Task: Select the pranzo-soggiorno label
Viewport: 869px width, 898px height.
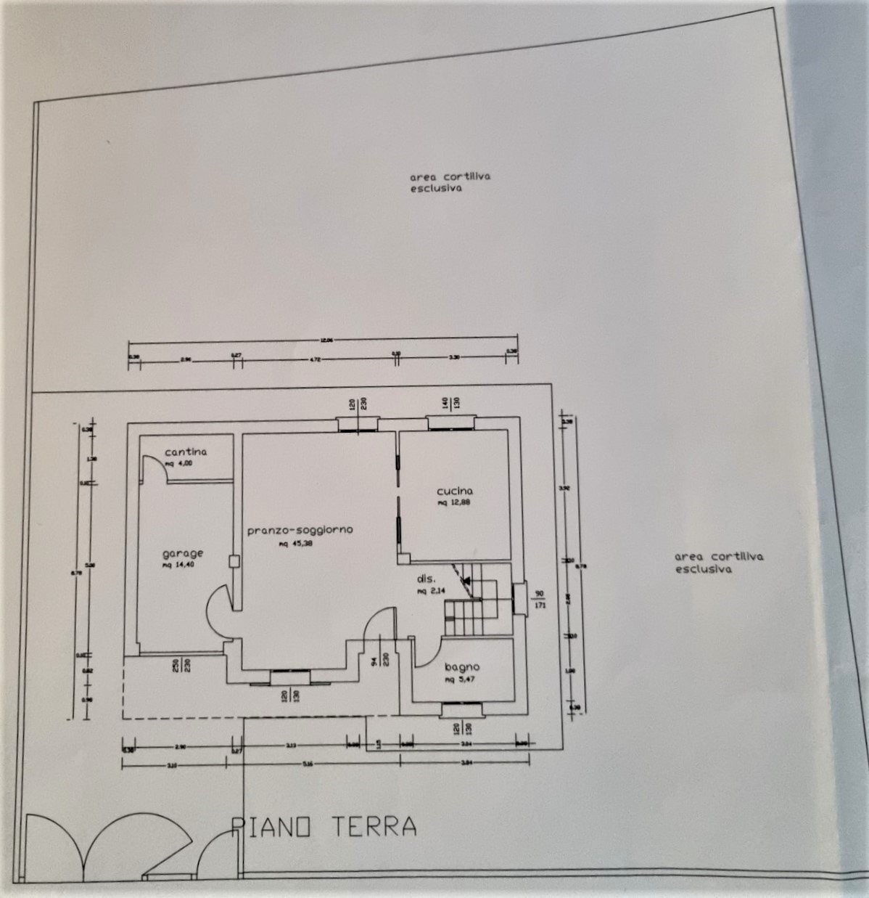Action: tap(300, 530)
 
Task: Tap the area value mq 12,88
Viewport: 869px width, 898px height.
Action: tap(455, 502)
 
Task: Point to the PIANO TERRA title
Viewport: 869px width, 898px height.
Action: tap(324, 826)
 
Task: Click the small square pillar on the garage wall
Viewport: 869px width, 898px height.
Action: tap(234, 560)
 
